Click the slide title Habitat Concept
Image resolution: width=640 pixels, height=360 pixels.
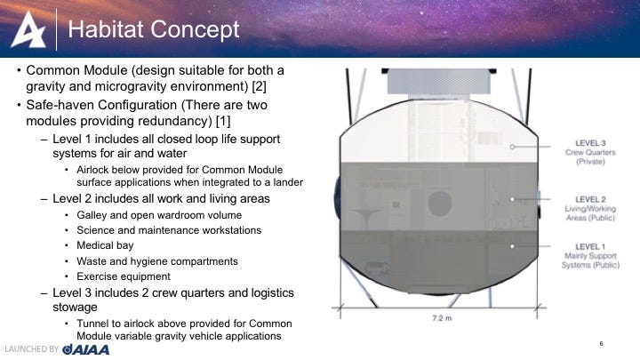click(154, 30)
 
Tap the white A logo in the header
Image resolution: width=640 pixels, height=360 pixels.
click(28, 29)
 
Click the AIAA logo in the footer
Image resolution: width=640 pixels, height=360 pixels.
click(85, 349)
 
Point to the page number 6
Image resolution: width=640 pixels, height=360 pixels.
click(601, 344)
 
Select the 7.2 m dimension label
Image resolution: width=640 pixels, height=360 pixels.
click(442, 317)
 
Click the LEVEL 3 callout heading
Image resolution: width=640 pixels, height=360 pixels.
click(590, 143)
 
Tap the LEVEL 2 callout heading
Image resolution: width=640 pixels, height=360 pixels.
click(590, 199)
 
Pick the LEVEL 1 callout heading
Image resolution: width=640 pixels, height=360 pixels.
click(590, 246)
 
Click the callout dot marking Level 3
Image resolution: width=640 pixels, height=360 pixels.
click(512, 147)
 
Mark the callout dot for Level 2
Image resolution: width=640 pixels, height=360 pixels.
click(512, 199)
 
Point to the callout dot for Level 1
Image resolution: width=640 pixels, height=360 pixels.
click(512, 246)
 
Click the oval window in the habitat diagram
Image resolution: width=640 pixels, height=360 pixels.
click(440, 204)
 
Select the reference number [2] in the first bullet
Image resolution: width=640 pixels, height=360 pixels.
click(260, 86)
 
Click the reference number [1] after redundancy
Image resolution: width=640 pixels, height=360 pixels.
click(223, 121)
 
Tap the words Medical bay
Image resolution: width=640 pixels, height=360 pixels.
click(105, 245)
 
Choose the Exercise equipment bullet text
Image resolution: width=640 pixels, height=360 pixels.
click(124, 276)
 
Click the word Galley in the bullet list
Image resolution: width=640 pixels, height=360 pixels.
click(90, 215)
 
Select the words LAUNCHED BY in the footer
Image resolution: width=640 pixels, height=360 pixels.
click(32, 349)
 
